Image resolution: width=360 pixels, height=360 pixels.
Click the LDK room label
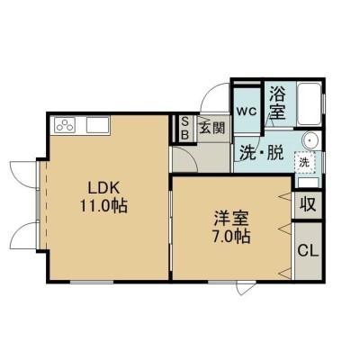point(103,188)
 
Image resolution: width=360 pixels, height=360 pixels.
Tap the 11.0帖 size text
point(103,206)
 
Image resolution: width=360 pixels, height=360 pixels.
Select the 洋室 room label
point(231,219)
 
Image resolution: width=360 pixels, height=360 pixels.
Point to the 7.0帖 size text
point(231,237)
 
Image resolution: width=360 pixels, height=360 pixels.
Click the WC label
point(247,112)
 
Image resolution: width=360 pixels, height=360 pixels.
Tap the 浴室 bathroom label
point(277,103)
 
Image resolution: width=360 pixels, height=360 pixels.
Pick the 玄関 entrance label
point(212,129)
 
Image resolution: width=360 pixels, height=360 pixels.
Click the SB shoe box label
point(185,129)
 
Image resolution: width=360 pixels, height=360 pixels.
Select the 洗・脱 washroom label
point(261,153)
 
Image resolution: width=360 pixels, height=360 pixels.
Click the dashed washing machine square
point(305,162)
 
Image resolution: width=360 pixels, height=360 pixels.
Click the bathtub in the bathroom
point(309,104)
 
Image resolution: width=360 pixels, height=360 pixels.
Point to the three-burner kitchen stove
point(65,125)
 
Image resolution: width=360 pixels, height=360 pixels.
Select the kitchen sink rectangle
point(98,125)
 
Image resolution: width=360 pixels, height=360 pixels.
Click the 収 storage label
point(308,205)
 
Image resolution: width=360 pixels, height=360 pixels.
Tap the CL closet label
point(308,251)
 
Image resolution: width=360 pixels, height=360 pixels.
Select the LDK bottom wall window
point(92,282)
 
